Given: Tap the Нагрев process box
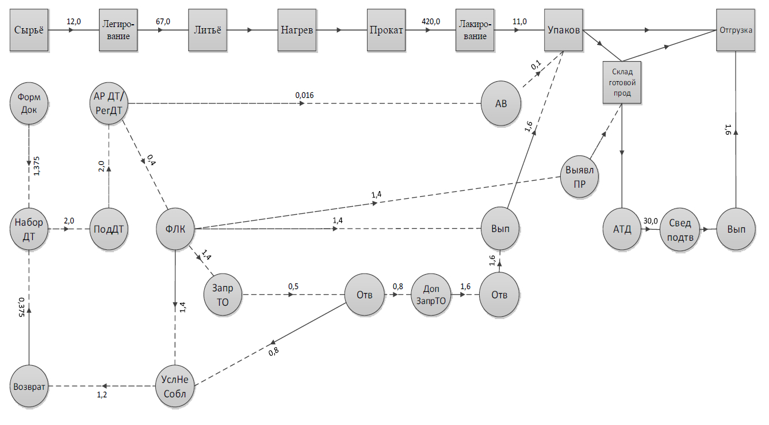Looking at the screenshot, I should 297,31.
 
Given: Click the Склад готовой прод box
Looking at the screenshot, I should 622,82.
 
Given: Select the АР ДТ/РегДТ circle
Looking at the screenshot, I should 109,103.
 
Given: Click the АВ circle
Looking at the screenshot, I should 500,104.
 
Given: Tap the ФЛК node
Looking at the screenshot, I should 175,229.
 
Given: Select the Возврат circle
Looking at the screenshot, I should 29,386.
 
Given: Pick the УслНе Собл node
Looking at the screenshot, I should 175,386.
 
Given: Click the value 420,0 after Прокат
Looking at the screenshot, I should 431,21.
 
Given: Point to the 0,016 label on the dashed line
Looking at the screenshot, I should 305,95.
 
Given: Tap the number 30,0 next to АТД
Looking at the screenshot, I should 651,221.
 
